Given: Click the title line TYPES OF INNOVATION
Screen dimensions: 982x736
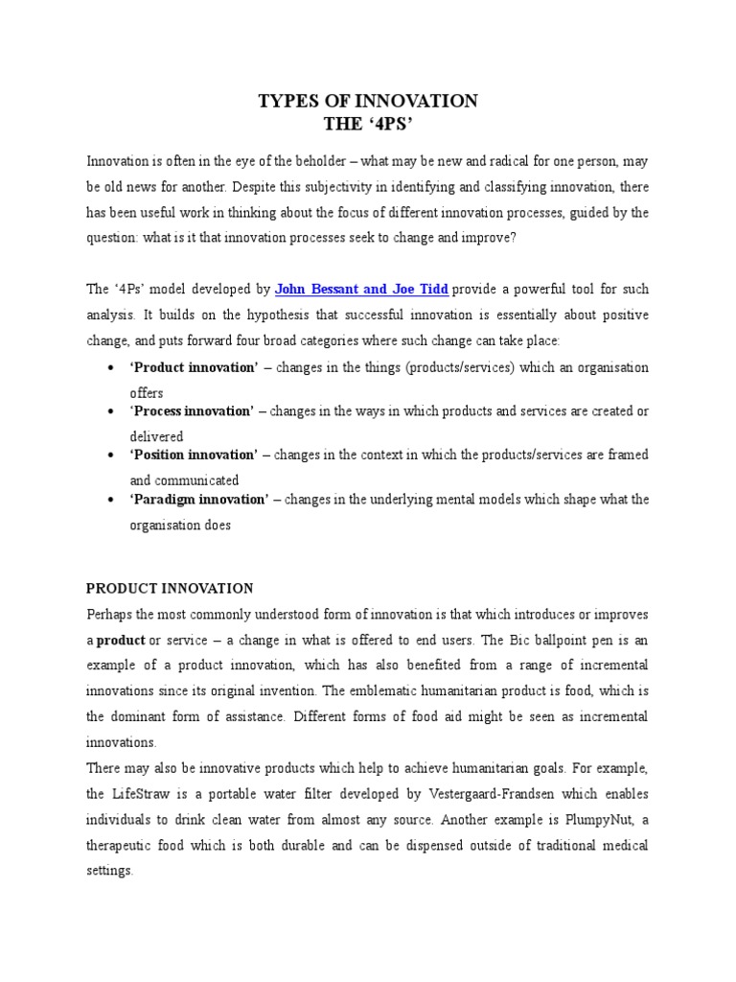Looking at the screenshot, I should [367, 101].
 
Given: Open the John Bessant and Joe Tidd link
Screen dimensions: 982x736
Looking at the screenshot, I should [361, 289].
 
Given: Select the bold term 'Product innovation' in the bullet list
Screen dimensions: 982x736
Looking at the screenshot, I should [194, 368].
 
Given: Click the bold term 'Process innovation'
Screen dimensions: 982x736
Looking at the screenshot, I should [192, 411].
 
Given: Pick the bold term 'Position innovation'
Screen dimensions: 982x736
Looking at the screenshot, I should [194, 455].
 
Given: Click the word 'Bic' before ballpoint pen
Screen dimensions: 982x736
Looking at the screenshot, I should [497, 640].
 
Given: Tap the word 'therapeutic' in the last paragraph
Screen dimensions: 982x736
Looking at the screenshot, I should [125, 846].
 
